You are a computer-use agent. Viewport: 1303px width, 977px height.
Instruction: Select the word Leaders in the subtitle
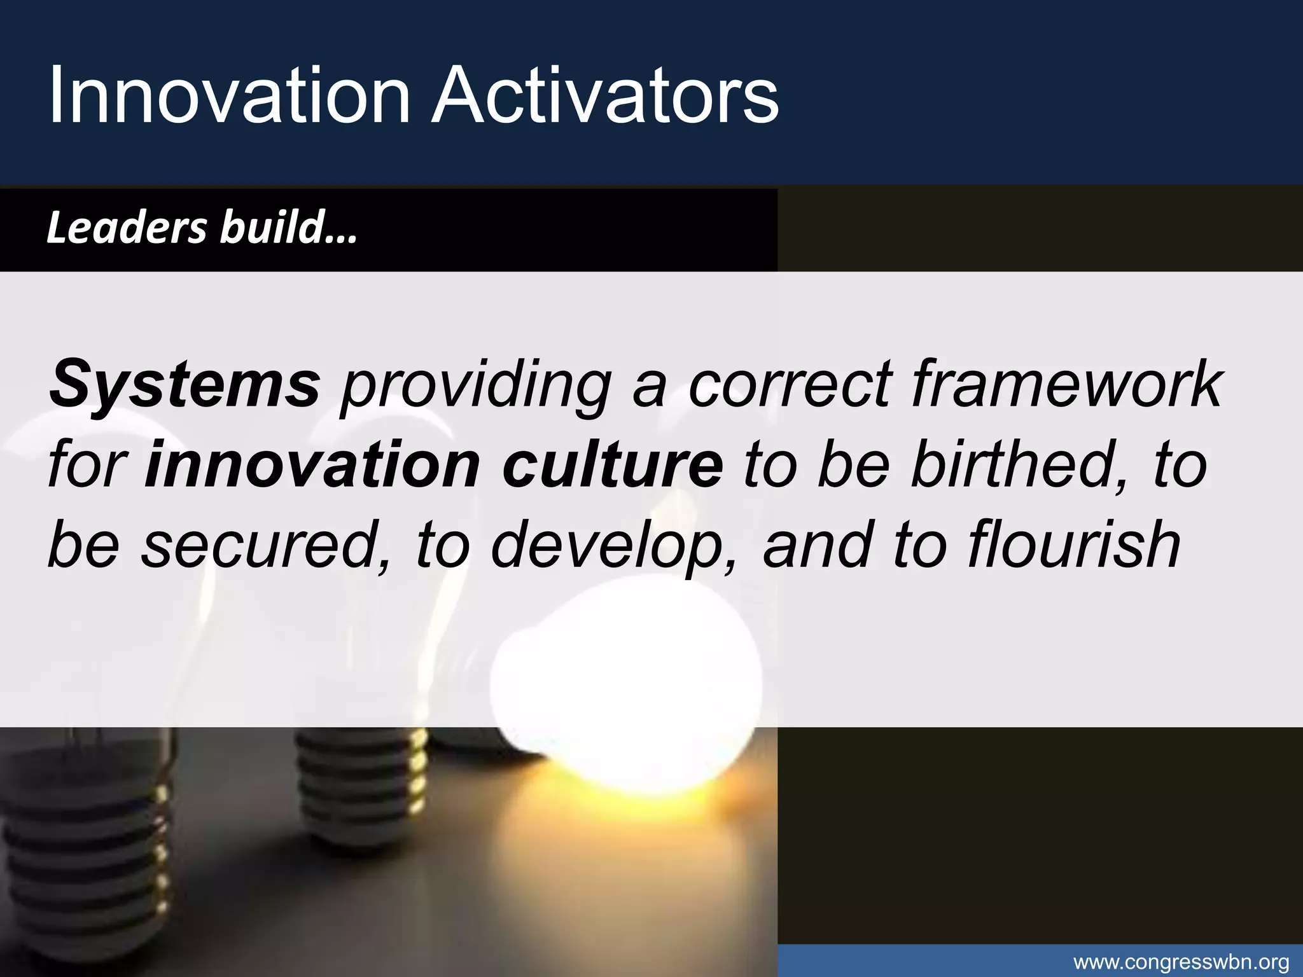tap(127, 228)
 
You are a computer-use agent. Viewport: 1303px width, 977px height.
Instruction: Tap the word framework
tap(1066, 384)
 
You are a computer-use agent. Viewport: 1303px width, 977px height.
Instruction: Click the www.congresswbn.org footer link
tap(1181, 962)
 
